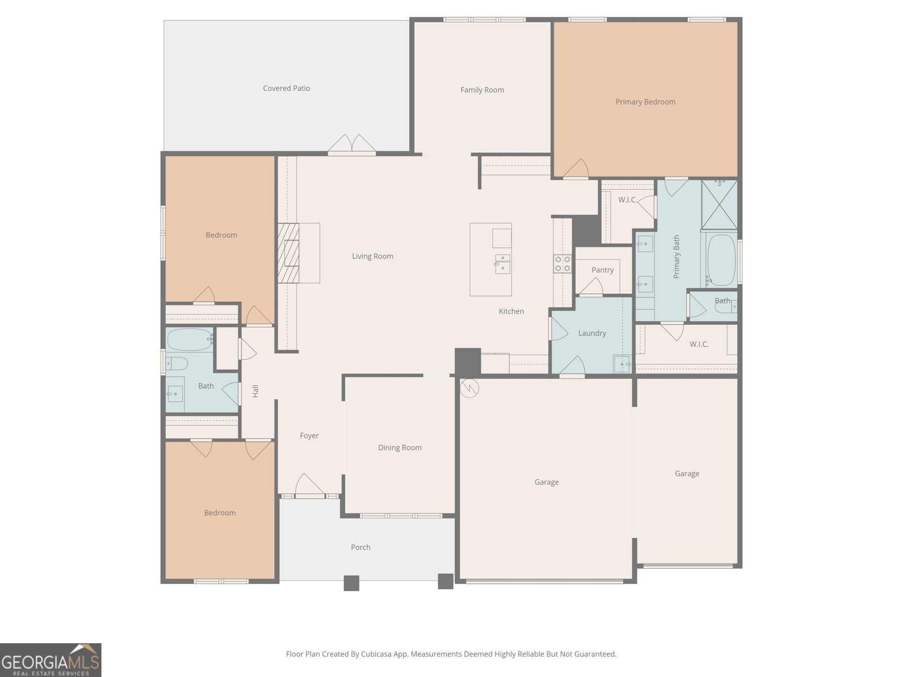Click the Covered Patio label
point(286,89)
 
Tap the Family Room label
point(482,90)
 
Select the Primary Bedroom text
point(645,102)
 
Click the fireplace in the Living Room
point(288,253)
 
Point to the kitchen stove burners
point(563,263)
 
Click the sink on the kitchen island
point(502,263)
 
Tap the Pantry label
point(602,270)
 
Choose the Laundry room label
point(591,333)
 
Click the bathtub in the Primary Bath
point(721,260)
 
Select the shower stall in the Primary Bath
point(719,204)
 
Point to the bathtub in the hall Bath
point(189,340)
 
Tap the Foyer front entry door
point(309,486)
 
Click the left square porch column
point(351,583)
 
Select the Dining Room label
point(400,448)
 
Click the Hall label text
point(255,391)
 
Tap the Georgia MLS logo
point(50,660)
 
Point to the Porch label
point(361,547)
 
